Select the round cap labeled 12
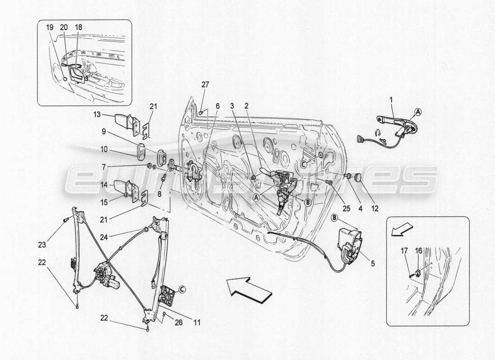359,177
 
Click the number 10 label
104,148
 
